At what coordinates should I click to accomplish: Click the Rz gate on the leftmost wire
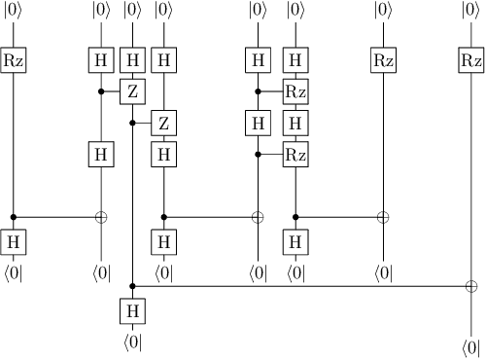[x=14, y=60]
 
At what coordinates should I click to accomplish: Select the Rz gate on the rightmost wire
[x=470, y=60]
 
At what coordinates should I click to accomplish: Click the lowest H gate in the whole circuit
[x=132, y=310]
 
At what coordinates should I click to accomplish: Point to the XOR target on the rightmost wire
[x=470, y=286]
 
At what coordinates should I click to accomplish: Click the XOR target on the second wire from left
[x=100, y=217]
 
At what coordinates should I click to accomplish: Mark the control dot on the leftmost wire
[x=14, y=217]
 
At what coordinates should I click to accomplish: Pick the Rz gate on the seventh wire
[x=383, y=60]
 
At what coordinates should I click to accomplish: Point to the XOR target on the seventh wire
[x=383, y=217]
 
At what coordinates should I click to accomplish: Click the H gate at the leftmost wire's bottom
[x=14, y=240]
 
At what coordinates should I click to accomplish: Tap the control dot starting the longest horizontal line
[x=132, y=286]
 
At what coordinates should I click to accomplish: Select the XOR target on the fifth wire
[x=258, y=217]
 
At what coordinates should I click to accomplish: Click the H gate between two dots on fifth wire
[x=258, y=123]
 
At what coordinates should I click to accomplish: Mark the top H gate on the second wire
[x=100, y=60]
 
